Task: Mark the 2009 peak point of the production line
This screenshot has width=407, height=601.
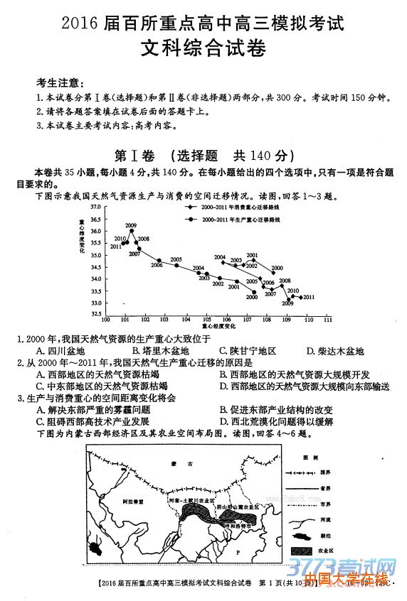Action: pyautogui.click(x=132, y=231)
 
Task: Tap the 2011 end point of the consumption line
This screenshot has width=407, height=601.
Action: pyautogui.click(x=301, y=297)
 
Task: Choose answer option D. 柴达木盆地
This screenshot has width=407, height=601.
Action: pyautogui.click(x=334, y=351)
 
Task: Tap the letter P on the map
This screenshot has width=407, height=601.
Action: pyautogui.click(x=238, y=551)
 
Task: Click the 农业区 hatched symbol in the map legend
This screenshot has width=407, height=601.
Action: pyautogui.click(x=307, y=551)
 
